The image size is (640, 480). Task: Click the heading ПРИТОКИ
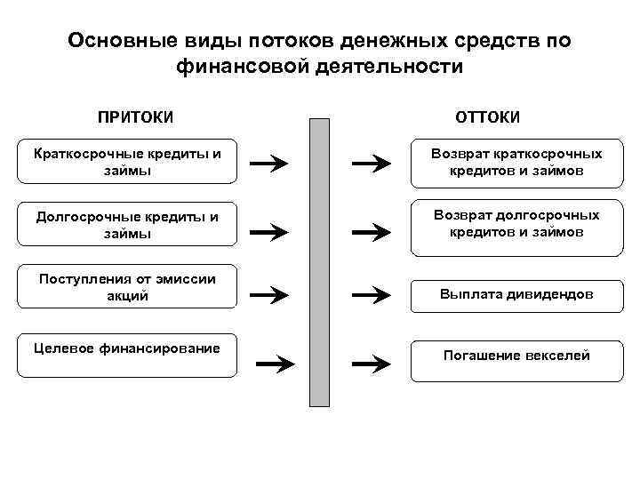(135, 117)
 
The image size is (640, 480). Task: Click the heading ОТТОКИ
(488, 117)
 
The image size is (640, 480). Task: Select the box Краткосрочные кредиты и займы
(127, 162)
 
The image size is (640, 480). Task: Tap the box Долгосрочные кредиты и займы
(127, 224)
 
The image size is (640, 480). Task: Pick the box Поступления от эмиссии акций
(127, 286)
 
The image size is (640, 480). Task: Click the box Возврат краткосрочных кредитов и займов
(516, 162)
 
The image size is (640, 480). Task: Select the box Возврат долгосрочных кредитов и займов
(516, 224)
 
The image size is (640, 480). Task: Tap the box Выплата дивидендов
(516, 292)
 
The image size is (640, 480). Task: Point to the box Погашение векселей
(516, 356)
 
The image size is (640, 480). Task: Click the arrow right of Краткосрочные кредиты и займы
(269, 163)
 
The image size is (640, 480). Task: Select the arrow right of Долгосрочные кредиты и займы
(269, 232)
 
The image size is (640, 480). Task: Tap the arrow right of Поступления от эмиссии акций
(269, 294)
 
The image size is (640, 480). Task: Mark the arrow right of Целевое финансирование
(275, 363)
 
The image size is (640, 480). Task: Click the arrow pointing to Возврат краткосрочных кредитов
(371, 163)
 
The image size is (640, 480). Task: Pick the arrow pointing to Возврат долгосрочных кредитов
(371, 232)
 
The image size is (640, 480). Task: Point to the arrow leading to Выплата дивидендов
(371, 294)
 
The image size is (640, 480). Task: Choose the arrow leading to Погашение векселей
(371, 363)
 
